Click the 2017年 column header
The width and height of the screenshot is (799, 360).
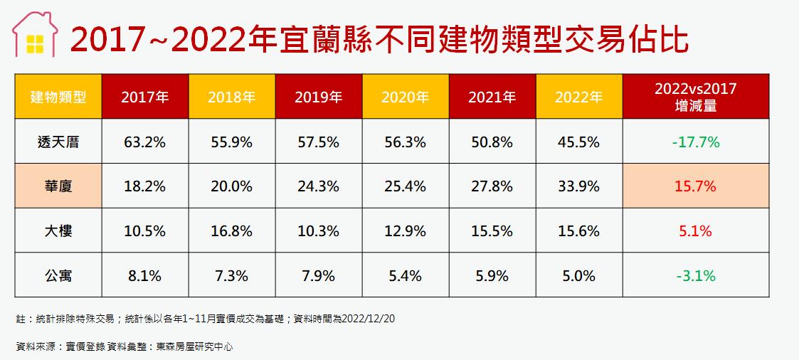point(144,97)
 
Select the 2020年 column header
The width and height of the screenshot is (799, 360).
point(405,97)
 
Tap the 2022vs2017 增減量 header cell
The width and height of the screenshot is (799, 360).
point(695,97)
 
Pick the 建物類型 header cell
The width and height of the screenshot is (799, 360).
point(58,97)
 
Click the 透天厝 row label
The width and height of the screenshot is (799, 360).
point(58,142)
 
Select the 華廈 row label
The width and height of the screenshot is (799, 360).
point(58,186)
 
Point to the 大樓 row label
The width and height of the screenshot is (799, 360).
point(58,231)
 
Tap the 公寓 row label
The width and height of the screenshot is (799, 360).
point(58,275)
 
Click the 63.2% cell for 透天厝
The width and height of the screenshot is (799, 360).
point(144,142)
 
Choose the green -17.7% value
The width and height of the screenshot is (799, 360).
point(695,142)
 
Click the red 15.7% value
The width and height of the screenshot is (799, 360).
point(695,186)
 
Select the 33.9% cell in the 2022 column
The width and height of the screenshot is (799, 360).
point(578,186)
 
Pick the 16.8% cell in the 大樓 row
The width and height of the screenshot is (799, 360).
point(231,231)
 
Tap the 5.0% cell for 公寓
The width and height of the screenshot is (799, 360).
point(578,275)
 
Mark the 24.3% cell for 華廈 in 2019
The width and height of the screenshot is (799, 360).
point(318,186)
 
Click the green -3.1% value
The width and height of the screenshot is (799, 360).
point(695,275)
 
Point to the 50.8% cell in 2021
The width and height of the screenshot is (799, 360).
point(492,142)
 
